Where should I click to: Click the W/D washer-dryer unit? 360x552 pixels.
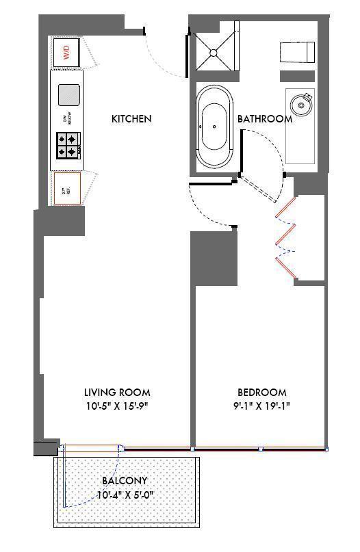point(67,52)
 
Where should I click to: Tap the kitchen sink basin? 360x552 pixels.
point(68,94)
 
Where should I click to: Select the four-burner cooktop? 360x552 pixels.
point(69,144)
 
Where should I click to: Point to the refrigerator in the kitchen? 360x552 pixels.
point(67,187)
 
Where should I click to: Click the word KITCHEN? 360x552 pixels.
point(131,119)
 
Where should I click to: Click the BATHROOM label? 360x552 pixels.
point(265,119)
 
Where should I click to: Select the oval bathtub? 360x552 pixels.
point(215,127)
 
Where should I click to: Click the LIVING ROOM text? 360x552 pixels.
point(117,393)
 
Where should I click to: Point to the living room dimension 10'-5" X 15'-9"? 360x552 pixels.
point(117,406)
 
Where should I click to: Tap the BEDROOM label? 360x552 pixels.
point(262,393)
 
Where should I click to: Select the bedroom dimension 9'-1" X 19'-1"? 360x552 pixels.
point(262,406)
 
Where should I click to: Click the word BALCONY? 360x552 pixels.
point(125,481)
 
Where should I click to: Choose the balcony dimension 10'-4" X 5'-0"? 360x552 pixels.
point(125,494)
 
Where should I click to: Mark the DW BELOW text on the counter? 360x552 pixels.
point(67,118)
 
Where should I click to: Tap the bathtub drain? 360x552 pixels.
point(215,127)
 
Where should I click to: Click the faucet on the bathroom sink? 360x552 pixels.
point(307,96)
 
